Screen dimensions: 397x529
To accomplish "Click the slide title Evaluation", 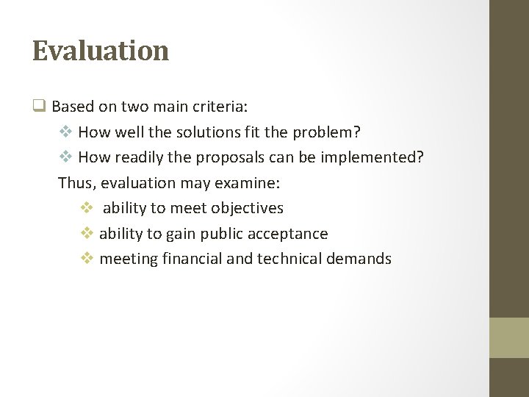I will pos(101,51).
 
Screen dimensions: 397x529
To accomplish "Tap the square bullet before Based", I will pos(39,106).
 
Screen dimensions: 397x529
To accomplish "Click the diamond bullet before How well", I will pos(65,132).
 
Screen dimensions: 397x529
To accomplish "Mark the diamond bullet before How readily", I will pos(65,158).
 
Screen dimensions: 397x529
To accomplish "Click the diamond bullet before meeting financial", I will pos(86,259).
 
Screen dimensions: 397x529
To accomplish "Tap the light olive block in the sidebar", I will pos(509,337).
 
